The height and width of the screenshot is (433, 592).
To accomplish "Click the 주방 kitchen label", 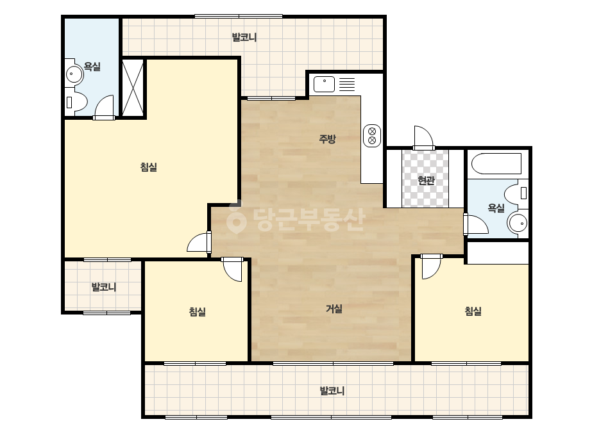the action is click(x=327, y=139).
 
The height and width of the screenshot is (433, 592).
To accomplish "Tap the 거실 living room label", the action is click(x=334, y=309).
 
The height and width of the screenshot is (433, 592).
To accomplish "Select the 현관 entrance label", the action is click(x=427, y=181).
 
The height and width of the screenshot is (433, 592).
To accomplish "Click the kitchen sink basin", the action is click(x=325, y=84).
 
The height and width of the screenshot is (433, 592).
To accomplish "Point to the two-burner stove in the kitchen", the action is click(x=372, y=136).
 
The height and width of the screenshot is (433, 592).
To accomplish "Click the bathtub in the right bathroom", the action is click(x=496, y=163).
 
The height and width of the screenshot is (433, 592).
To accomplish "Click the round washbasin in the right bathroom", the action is click(x=518, y=224).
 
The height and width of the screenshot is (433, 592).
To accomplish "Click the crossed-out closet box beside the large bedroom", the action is click(x=133, y=88).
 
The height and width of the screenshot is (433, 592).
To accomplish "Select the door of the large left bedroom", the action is click(x=199, y=243).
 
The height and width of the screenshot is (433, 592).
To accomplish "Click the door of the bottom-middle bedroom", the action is click(x=232, y=270).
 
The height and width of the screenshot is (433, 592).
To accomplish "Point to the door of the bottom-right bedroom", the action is click(x=431, y=266).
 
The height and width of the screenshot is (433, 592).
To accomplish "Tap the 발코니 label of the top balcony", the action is click(x=244, y=37).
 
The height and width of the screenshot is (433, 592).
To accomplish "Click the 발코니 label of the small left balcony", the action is click(x=104, y=287).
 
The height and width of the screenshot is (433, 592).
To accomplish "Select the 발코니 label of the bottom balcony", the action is click(x=332, y=391).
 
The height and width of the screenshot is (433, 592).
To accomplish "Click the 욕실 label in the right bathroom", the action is click(x=496, y=208).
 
